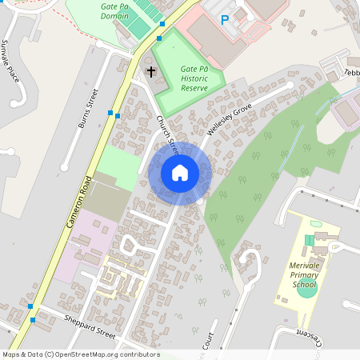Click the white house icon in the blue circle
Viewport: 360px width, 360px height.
(x=180, y=173)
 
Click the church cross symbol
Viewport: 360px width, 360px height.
(x=150, y=73)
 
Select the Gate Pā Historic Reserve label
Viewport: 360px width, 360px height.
(x=194, y=78)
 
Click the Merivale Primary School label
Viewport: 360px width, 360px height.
(x=304, y=274)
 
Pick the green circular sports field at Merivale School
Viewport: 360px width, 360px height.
(x=306, y=289)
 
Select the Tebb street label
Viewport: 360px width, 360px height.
(x=352, y=71)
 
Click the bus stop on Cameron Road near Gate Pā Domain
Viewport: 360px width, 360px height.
(x=159, y=38)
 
